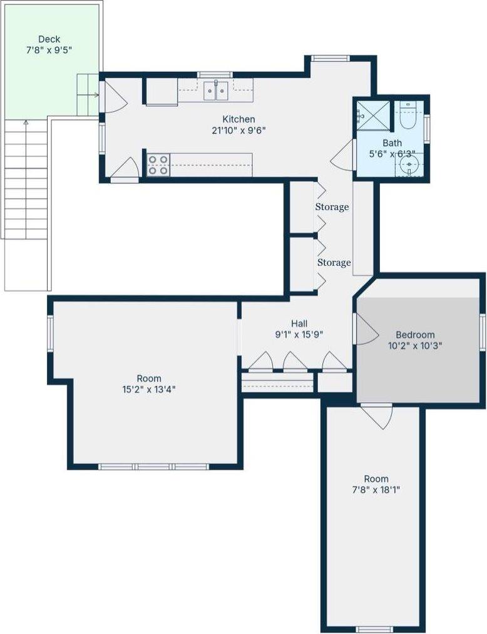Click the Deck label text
point(49,39)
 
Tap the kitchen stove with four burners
point(158,164)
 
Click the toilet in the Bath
point(408,117)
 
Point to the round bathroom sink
point(409,166)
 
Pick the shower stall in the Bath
point(373,114)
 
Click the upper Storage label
point(332,207)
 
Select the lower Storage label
point(334,263)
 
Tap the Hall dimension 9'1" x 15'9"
point(299,334)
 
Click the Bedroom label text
point(414,335)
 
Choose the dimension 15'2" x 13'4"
point(149,389)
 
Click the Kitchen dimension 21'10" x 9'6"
point(238,130)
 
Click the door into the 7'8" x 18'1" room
point(377,416)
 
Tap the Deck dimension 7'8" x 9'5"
point(49,50)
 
